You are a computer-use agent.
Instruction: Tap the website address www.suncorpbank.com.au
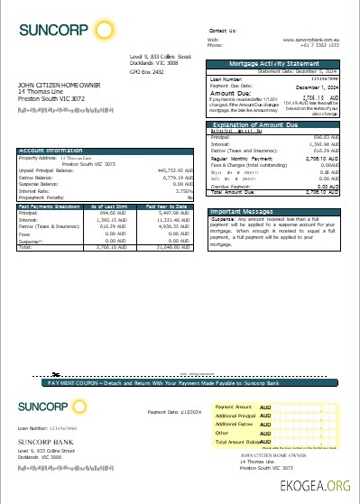312,40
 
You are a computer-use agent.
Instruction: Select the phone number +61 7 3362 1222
318,46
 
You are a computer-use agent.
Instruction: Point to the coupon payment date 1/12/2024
181,412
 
